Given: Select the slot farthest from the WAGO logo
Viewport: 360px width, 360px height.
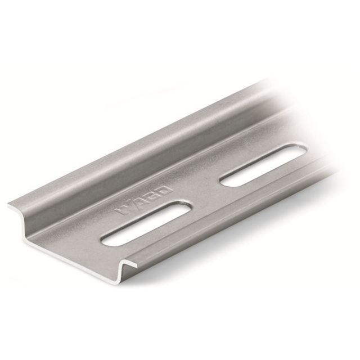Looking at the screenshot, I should pos(263,165).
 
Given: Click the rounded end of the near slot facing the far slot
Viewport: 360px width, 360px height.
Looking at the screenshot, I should pos(182,209).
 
